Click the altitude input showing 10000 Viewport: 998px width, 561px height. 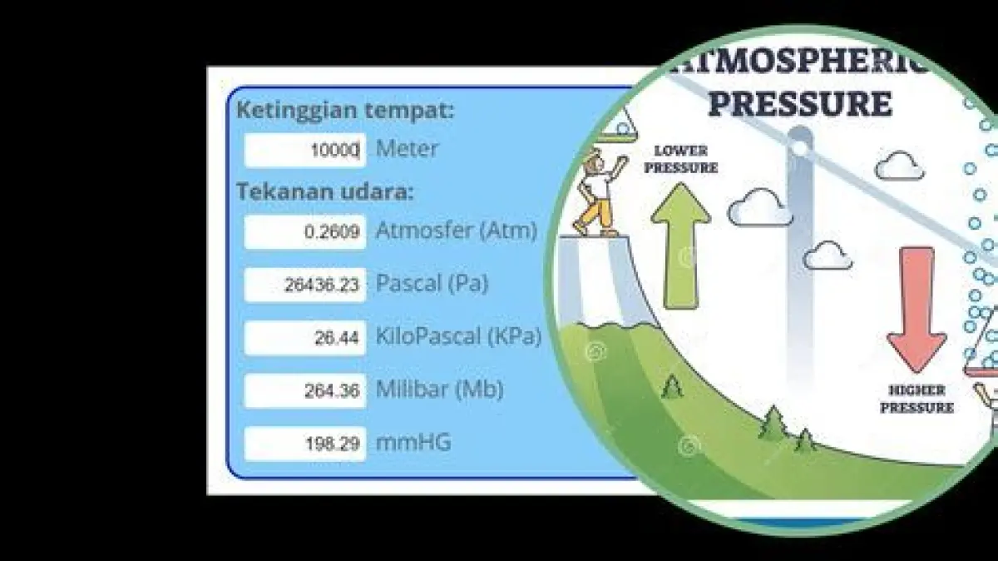pyautogui.click(x=305, y=150)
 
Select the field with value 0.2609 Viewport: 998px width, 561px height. pyautogui.click(x=305, y=232)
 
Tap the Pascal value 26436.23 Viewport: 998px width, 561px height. pyautogui.click(x=305, y=285)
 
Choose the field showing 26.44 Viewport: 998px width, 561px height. pyautogui.click(x=305, y=338)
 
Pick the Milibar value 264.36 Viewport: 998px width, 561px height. pyautogui.click(x=305, y=391)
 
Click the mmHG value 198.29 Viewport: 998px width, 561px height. pyautogui.click(x=305, y=444)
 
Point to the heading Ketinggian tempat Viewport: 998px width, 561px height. pyautogui.click(x=345, y=111)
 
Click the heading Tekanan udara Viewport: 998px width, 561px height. pyautogui.click(x=325, y=191)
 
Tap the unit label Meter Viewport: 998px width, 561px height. pyautogui.click(x=407, y=148)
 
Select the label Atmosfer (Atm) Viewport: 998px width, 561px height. pyautogui.click(x=457, y=231)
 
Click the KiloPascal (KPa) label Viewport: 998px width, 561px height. pyautogui.click(x=458, y=337)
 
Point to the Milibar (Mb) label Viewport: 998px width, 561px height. pyautogui.click(x=440, y=390)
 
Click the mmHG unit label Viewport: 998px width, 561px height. pyautogui.click(x=413, y=442)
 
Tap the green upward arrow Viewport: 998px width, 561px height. pyautogui.click(x=681, y=246)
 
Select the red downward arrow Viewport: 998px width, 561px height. pyautogui.click(x=916, y=310)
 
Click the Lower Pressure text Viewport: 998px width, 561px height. pyautogui.click(x=681, y=159)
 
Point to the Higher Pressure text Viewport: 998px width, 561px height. pyautogui.click(x=916, y=400)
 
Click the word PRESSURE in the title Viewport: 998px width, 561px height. pyautogui.click(x=801, y=103)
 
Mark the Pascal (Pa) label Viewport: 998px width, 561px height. pyautogui.click(x=432, y=284)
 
